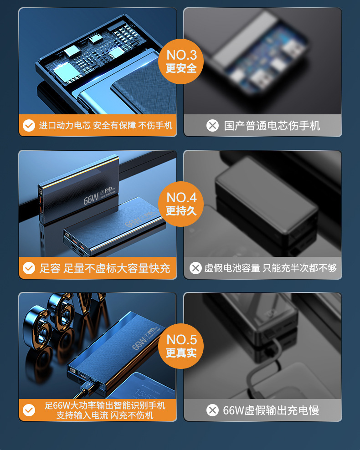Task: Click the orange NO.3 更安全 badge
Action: (181, 61)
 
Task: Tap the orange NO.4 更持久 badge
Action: (181, 204)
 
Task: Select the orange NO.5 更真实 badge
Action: (181, 346)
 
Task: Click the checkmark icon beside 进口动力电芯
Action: (29, 125)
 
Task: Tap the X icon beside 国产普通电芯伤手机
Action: (212, 125)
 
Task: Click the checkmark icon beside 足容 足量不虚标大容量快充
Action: (29, 268)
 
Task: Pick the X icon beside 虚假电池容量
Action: (195, 268)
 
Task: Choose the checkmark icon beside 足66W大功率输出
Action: (29, 410)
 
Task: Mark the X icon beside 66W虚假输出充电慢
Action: (212, 410)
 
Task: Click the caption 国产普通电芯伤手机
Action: (272, 126)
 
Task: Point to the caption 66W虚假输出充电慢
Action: (271, 410)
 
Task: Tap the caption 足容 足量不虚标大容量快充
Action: (105, 268)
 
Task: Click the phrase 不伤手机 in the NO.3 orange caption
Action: (155, 125)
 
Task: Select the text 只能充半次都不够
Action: (300, 268)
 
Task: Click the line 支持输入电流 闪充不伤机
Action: (105, 415)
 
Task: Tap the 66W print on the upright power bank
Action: (91, 198)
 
